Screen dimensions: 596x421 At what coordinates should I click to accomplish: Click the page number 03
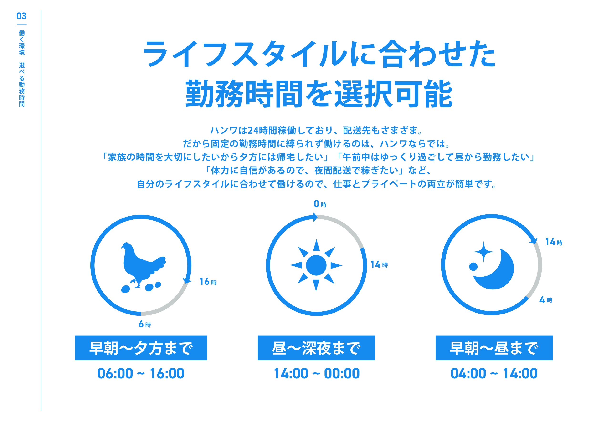pyautogui.click(x=21, y=16)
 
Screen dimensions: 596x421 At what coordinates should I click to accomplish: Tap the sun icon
pyautogui.click(x=316, y=265)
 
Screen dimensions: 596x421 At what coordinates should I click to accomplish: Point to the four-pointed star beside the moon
pyautogui.click(x=483, y=252)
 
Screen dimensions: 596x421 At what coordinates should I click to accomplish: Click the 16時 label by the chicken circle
pyautogui.click(x=208, y=282)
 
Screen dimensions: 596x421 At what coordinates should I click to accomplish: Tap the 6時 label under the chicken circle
pyautogui.click(x=144, y=324)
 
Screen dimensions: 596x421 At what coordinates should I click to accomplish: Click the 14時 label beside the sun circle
pyautogui.click(x=379, y=264)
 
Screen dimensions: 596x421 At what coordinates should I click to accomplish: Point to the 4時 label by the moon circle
pyautogui.click(x=546, y=300)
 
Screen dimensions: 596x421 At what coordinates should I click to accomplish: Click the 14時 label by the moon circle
pyautogui.click(x=554, y=242)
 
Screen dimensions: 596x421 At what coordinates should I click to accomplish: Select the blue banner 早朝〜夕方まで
pyautogui.click(x=141, y=348)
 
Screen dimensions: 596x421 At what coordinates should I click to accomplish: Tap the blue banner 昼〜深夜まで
pyautogui.click(x=316, y=348)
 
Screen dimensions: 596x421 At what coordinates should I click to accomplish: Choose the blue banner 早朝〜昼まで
pyautogui.click(x=494, y=348)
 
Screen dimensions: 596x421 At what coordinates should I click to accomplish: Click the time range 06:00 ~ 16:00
pyautogui.click(x=141, y=374)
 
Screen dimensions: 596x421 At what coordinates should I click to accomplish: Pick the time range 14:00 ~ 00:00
pyautogui.click(x=317, y=374)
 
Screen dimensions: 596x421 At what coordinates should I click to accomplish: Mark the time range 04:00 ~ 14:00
pyautogui.click(x=494, y=374)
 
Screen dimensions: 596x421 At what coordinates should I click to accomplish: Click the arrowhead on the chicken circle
pyautogui.click(x=187, y=280)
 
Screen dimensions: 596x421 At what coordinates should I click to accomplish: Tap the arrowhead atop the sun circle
pyautogui.click(x=315, y=217)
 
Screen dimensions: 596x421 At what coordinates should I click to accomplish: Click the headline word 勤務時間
pyautogui.click(x=244, y=94)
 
